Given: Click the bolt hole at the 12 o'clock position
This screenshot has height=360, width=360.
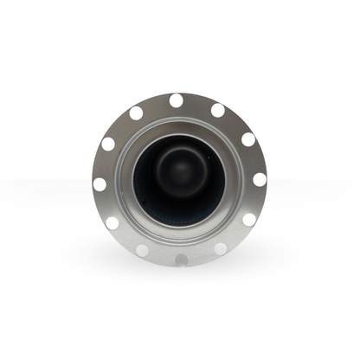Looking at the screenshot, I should (x=176, y=100).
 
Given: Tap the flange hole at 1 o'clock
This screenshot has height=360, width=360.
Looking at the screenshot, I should (x=218, y=110).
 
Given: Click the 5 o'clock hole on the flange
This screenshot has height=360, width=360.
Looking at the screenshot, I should (x=221, y=249).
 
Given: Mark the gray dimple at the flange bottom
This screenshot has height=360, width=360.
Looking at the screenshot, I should (x=180, y=260).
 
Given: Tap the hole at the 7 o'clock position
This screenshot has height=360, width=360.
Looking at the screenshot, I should (x=141, y=250).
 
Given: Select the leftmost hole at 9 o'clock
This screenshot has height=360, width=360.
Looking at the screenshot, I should (x=100, y=184).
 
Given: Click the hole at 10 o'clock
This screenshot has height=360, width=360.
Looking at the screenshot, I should (x=108, y=144).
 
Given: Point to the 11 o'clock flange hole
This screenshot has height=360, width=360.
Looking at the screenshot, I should (x=136, y=112).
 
